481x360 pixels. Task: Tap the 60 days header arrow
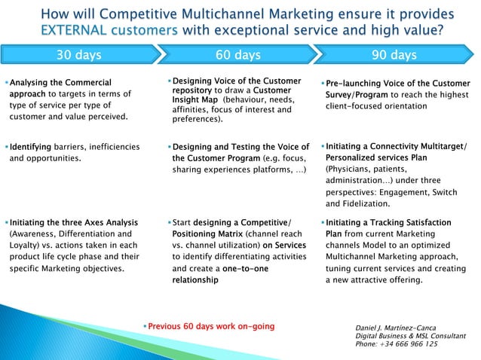point(238,55)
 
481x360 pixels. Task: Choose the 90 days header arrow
point(394,55)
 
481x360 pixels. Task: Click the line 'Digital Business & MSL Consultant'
point(409,336)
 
